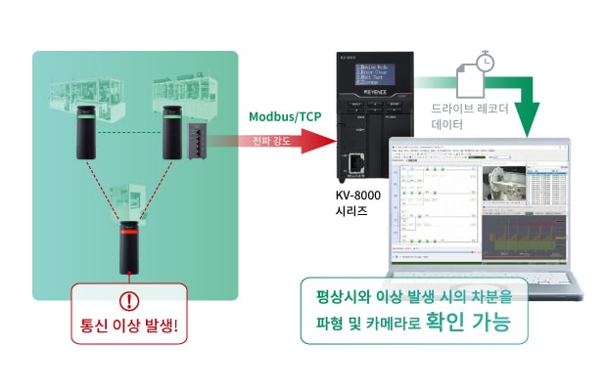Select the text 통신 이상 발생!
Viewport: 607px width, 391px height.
click(x=128, y=326)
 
